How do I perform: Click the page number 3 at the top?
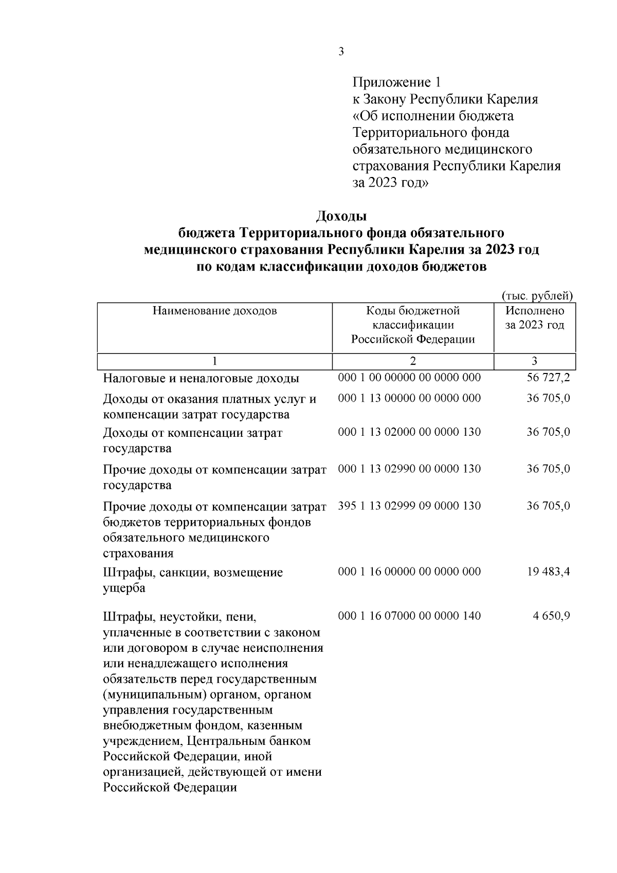tap(341, 51)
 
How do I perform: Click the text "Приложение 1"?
tap(396, 82)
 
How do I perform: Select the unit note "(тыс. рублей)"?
tap(537, 295)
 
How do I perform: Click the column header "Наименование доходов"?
tap(214, 311)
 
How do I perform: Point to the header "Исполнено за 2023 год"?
tap(535, 318)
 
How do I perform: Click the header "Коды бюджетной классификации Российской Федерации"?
tap(413, 325)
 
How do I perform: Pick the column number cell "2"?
tap(413, 361)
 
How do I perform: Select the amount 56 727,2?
tap(548, 378)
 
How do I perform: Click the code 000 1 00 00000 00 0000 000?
tap(409, 378)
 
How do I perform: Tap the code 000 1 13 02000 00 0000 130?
tap(409, 432)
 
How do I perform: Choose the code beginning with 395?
tap(409, 506)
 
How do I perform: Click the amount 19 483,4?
tap(548, 572)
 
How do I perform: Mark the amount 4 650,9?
tap(551, 616)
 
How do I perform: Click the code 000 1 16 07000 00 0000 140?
tap(409, 616)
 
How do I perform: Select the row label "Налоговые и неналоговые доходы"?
tap(201, 379)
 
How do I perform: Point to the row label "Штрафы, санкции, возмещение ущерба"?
tap(193, 580)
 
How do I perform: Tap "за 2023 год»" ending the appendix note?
tap(390, 183)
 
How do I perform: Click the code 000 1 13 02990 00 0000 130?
tap(409, 469)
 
